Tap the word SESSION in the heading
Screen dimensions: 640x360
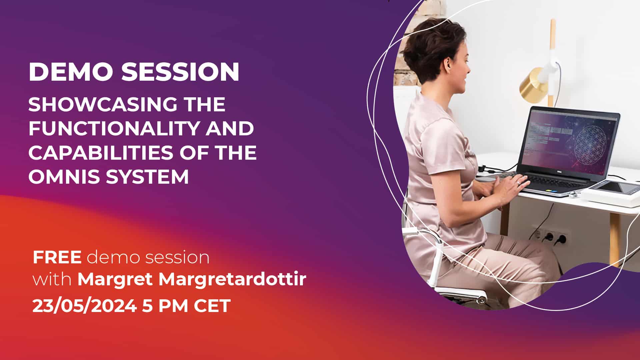click(x=180, y=72)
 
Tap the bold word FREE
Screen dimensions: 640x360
click(x=57, y=257)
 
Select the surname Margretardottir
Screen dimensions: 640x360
click(x=232, y=279)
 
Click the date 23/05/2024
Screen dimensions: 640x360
click(x=84, y=306)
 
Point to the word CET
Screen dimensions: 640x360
click(x=212, y=306)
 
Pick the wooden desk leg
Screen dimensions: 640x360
click(x=614, y=240)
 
